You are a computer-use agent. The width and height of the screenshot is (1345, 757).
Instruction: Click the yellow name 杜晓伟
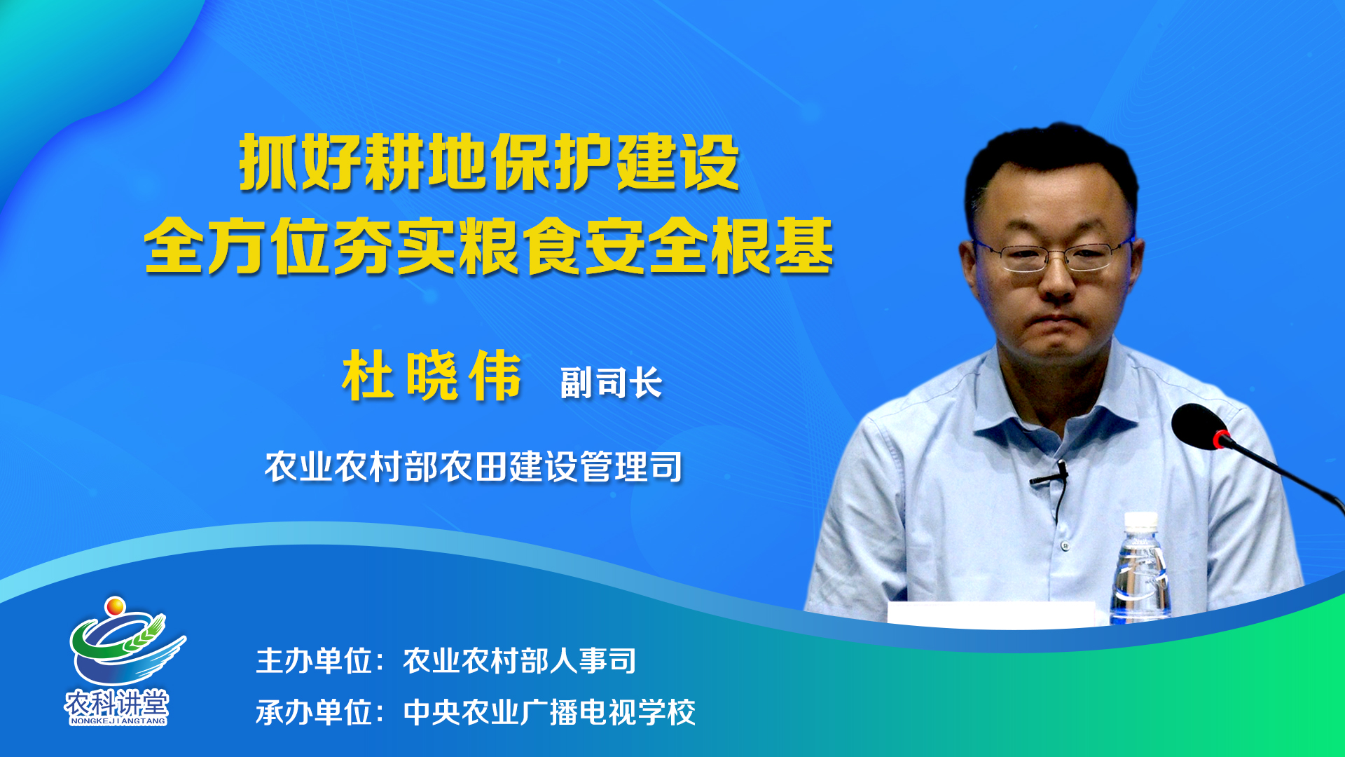[432, 376]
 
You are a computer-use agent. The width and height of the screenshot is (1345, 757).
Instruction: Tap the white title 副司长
[611, 383]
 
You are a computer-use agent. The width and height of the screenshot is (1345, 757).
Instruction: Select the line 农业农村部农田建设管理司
[474, 466]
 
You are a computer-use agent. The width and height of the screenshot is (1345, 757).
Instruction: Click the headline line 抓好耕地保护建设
[489, 162]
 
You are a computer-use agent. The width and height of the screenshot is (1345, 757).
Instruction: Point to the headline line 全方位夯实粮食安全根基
[489, 246]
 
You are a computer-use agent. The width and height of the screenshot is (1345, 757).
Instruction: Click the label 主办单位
[313, 661]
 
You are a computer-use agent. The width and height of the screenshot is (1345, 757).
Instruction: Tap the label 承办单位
[313, 713]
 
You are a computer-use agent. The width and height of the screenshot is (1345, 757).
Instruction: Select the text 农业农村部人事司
[519, 661]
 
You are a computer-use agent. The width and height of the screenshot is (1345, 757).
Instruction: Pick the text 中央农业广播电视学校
[549, 713]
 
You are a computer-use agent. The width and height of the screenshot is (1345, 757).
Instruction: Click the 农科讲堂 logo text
[117, 702]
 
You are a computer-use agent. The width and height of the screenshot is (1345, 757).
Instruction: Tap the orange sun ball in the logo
[115, 606]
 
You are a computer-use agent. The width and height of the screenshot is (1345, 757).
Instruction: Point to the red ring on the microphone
[1222, 439]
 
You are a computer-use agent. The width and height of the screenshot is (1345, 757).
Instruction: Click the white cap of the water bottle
[1140, 521]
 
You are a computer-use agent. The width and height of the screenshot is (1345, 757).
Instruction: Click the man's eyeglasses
[1053, 256]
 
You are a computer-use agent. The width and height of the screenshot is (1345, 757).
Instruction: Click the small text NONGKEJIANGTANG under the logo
[118, 721]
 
